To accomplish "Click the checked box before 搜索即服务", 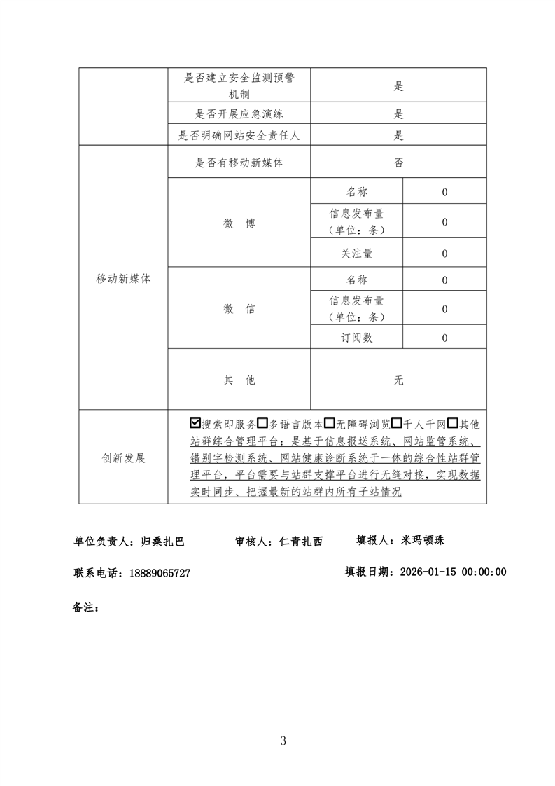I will (x=195, y=423).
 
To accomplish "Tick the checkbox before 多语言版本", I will (x=262, y=423).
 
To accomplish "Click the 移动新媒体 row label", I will (x=123, y=278).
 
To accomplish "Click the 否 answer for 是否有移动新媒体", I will (x=398, y=163).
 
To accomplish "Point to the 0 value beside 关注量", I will (x=444, y=254).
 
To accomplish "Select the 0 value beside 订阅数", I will (x=444, y=338).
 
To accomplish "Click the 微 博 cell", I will (x=239, y=223).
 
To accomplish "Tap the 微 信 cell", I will (x=239, y=309).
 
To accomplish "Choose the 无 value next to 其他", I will (x=398, y=380).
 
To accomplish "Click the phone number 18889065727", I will (x=160, y=572).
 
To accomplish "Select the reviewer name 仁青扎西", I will (x=301, y=541).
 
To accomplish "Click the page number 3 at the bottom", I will (x=283, y=740).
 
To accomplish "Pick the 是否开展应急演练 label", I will (x=239, y=113).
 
